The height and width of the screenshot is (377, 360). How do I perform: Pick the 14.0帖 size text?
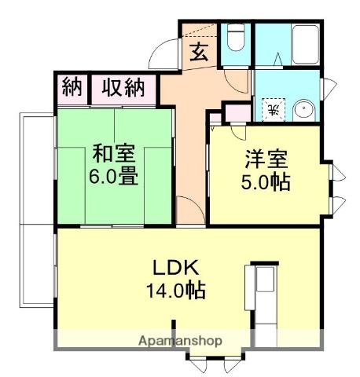pyautogui.click(x=174, y=290)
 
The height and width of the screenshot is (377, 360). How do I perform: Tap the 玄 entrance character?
pyautogui.click(x=199, y=53)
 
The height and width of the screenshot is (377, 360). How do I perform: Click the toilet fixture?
pyautogui.click(x=235, y=38)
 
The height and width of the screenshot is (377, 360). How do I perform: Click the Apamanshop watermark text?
pyautogui.click(x=180, y=342)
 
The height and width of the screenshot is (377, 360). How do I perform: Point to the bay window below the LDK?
pyautogui.click(x=212, y=362)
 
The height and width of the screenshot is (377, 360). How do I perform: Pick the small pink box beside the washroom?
pyautogui.click(x=235, y=112)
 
